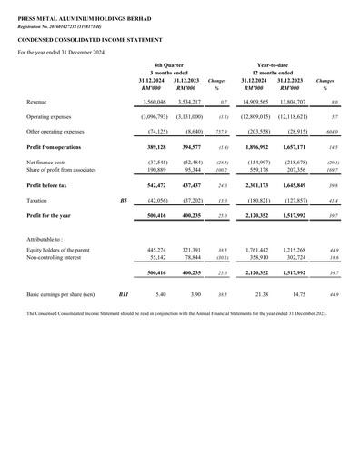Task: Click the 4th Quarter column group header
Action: click(169, 66)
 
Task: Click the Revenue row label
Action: click(41, 103)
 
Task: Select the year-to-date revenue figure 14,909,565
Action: click(259, 103)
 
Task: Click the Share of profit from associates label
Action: click(64, 169)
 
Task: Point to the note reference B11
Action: click(125, 295)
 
